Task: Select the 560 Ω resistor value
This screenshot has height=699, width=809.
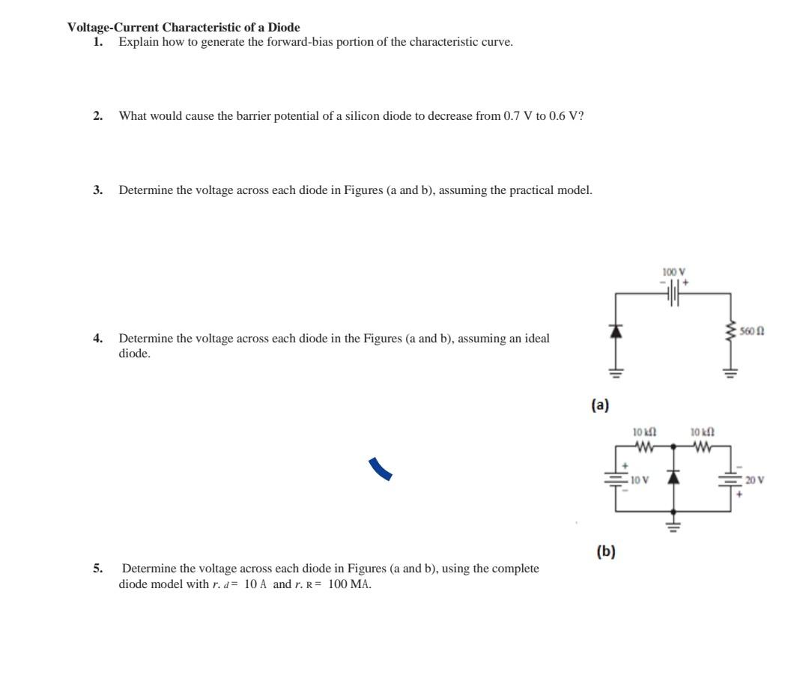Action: (752, 331)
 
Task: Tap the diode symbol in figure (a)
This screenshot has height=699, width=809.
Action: (616, 330)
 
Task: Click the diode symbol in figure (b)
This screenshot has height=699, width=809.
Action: (674, 477)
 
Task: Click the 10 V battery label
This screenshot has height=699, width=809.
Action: (638, 479)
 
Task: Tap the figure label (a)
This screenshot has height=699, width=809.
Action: (600, 405)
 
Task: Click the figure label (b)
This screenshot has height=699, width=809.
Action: (605, 552)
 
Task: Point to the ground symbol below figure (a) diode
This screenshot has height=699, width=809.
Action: (616, 372)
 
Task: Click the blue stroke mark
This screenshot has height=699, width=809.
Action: (381, 470)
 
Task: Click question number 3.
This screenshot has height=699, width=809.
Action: (97, 190)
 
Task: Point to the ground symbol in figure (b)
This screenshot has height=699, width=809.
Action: (674, 524)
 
